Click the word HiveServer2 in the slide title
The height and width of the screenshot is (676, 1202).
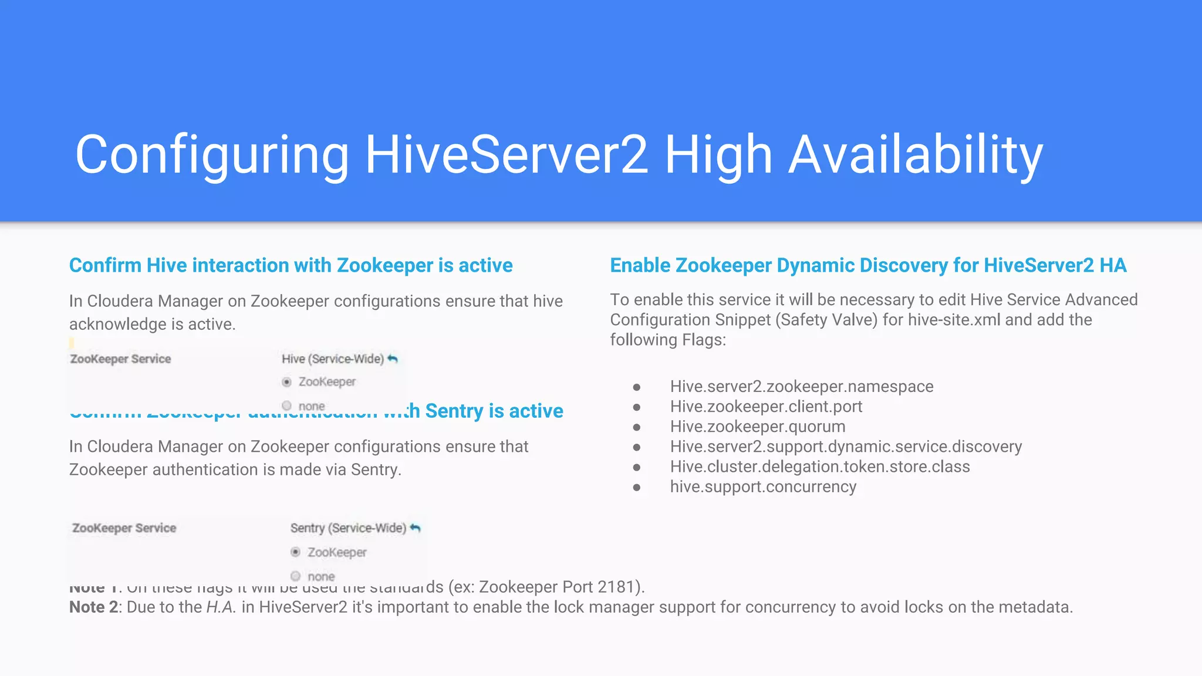[x=506, y=154]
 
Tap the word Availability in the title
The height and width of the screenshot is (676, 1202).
[x=915, y=154]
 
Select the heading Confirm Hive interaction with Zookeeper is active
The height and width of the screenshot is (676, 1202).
[x=291, y=265]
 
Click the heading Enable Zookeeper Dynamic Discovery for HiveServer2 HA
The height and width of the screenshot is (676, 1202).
[x=868, y=265]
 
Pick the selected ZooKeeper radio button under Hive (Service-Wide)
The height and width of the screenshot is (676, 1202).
[x=286, y=382]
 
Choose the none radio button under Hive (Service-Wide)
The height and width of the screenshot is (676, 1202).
[x=286, y=405]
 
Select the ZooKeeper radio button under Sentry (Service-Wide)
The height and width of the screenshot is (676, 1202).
[x=296, y=552]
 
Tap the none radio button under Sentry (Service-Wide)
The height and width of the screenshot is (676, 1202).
[x=296, y=576]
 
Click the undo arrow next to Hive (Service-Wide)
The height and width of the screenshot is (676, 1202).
[x=393, y=359]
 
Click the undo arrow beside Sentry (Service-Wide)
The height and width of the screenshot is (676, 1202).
[x=416, y=528]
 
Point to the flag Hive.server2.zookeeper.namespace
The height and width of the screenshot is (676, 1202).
[x=801, y=387]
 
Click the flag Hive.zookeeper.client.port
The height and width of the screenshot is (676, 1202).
[x=766, y=407]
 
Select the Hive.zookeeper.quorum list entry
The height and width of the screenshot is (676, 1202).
[x=757, y=427]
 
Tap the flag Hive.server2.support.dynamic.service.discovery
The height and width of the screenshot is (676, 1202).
[x=846, y=447]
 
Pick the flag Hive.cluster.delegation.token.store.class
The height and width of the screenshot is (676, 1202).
[x=819, y=467]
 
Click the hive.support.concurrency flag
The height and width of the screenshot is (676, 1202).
[x=763, y=486]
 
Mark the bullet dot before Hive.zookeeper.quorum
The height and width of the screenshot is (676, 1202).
[x=637, y=427]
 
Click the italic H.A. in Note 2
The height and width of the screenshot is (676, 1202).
[x=221, y=607]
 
